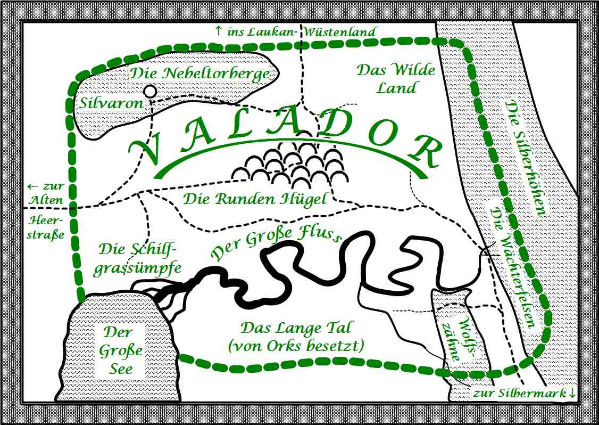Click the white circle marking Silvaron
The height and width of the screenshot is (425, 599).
coord(151,92)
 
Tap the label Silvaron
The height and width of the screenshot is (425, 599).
coord(111,102)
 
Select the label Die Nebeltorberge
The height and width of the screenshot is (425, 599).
coord(200,73)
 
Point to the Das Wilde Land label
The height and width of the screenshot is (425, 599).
coord(396,79)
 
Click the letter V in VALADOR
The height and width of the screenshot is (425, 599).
coord(145,151)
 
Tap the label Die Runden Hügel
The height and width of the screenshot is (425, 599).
coord(255,199)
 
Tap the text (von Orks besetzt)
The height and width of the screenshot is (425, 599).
coord(296,346)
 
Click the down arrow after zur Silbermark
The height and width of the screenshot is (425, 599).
coord(572,393)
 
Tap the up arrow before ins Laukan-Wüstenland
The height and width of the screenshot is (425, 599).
coord(218,31)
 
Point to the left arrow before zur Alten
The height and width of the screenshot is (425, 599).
coord(33,187)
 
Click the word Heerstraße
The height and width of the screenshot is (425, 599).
coord(45,228)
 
